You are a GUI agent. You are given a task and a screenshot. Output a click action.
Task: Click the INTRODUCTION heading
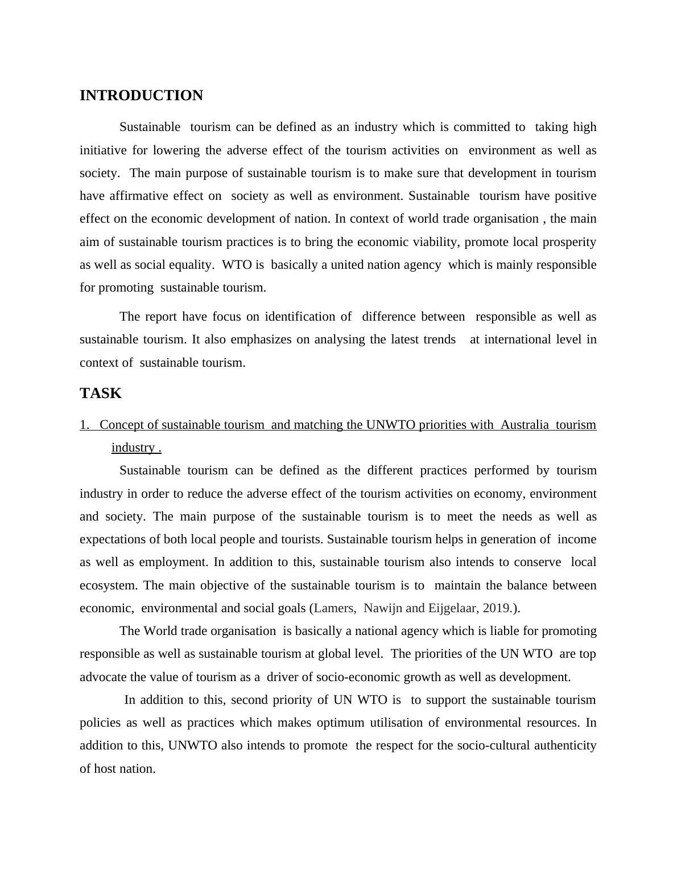pos(141,96)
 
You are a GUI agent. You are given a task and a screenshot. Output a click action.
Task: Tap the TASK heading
pos(101,394)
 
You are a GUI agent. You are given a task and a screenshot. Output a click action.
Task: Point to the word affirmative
pos(139,196)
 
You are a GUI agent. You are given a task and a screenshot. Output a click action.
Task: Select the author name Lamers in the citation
pos(335,608)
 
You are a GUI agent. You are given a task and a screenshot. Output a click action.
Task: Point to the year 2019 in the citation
pos(496,608)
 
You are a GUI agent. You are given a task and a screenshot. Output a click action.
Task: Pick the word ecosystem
pos(109,585)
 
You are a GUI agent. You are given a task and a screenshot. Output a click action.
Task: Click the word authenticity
pos(565,745)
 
